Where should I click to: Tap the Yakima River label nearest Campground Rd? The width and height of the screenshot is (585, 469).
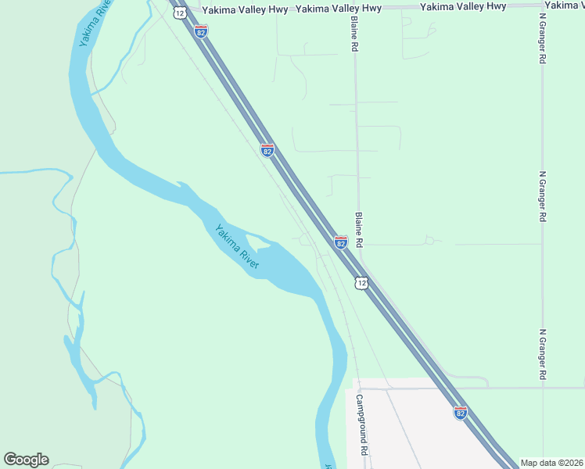tap(235, 247)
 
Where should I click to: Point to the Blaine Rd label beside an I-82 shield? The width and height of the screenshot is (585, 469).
tap(360, 231)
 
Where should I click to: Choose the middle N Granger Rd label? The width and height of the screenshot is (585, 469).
tap(542, 197)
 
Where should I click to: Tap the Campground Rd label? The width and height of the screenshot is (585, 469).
tap(362, 424)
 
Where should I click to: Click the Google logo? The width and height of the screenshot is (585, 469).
tap(26, 460)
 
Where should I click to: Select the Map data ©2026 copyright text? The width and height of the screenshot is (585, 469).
tap(551, 463)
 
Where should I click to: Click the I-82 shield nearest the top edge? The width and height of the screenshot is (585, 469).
tap(202, 31)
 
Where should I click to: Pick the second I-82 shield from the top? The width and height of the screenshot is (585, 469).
tap(267, 150)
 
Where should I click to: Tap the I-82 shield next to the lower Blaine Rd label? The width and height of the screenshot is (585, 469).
tap(341, 242)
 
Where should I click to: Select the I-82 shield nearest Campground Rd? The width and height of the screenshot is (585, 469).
tap(460, 412)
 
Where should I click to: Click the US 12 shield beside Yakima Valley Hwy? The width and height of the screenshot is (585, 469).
tap(180, 13)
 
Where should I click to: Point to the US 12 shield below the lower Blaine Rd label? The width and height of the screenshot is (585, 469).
tap(361, 282)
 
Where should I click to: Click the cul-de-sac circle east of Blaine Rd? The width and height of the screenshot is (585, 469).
tap(429, 241)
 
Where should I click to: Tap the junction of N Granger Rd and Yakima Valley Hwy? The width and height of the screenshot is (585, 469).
tap(542, 7)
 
